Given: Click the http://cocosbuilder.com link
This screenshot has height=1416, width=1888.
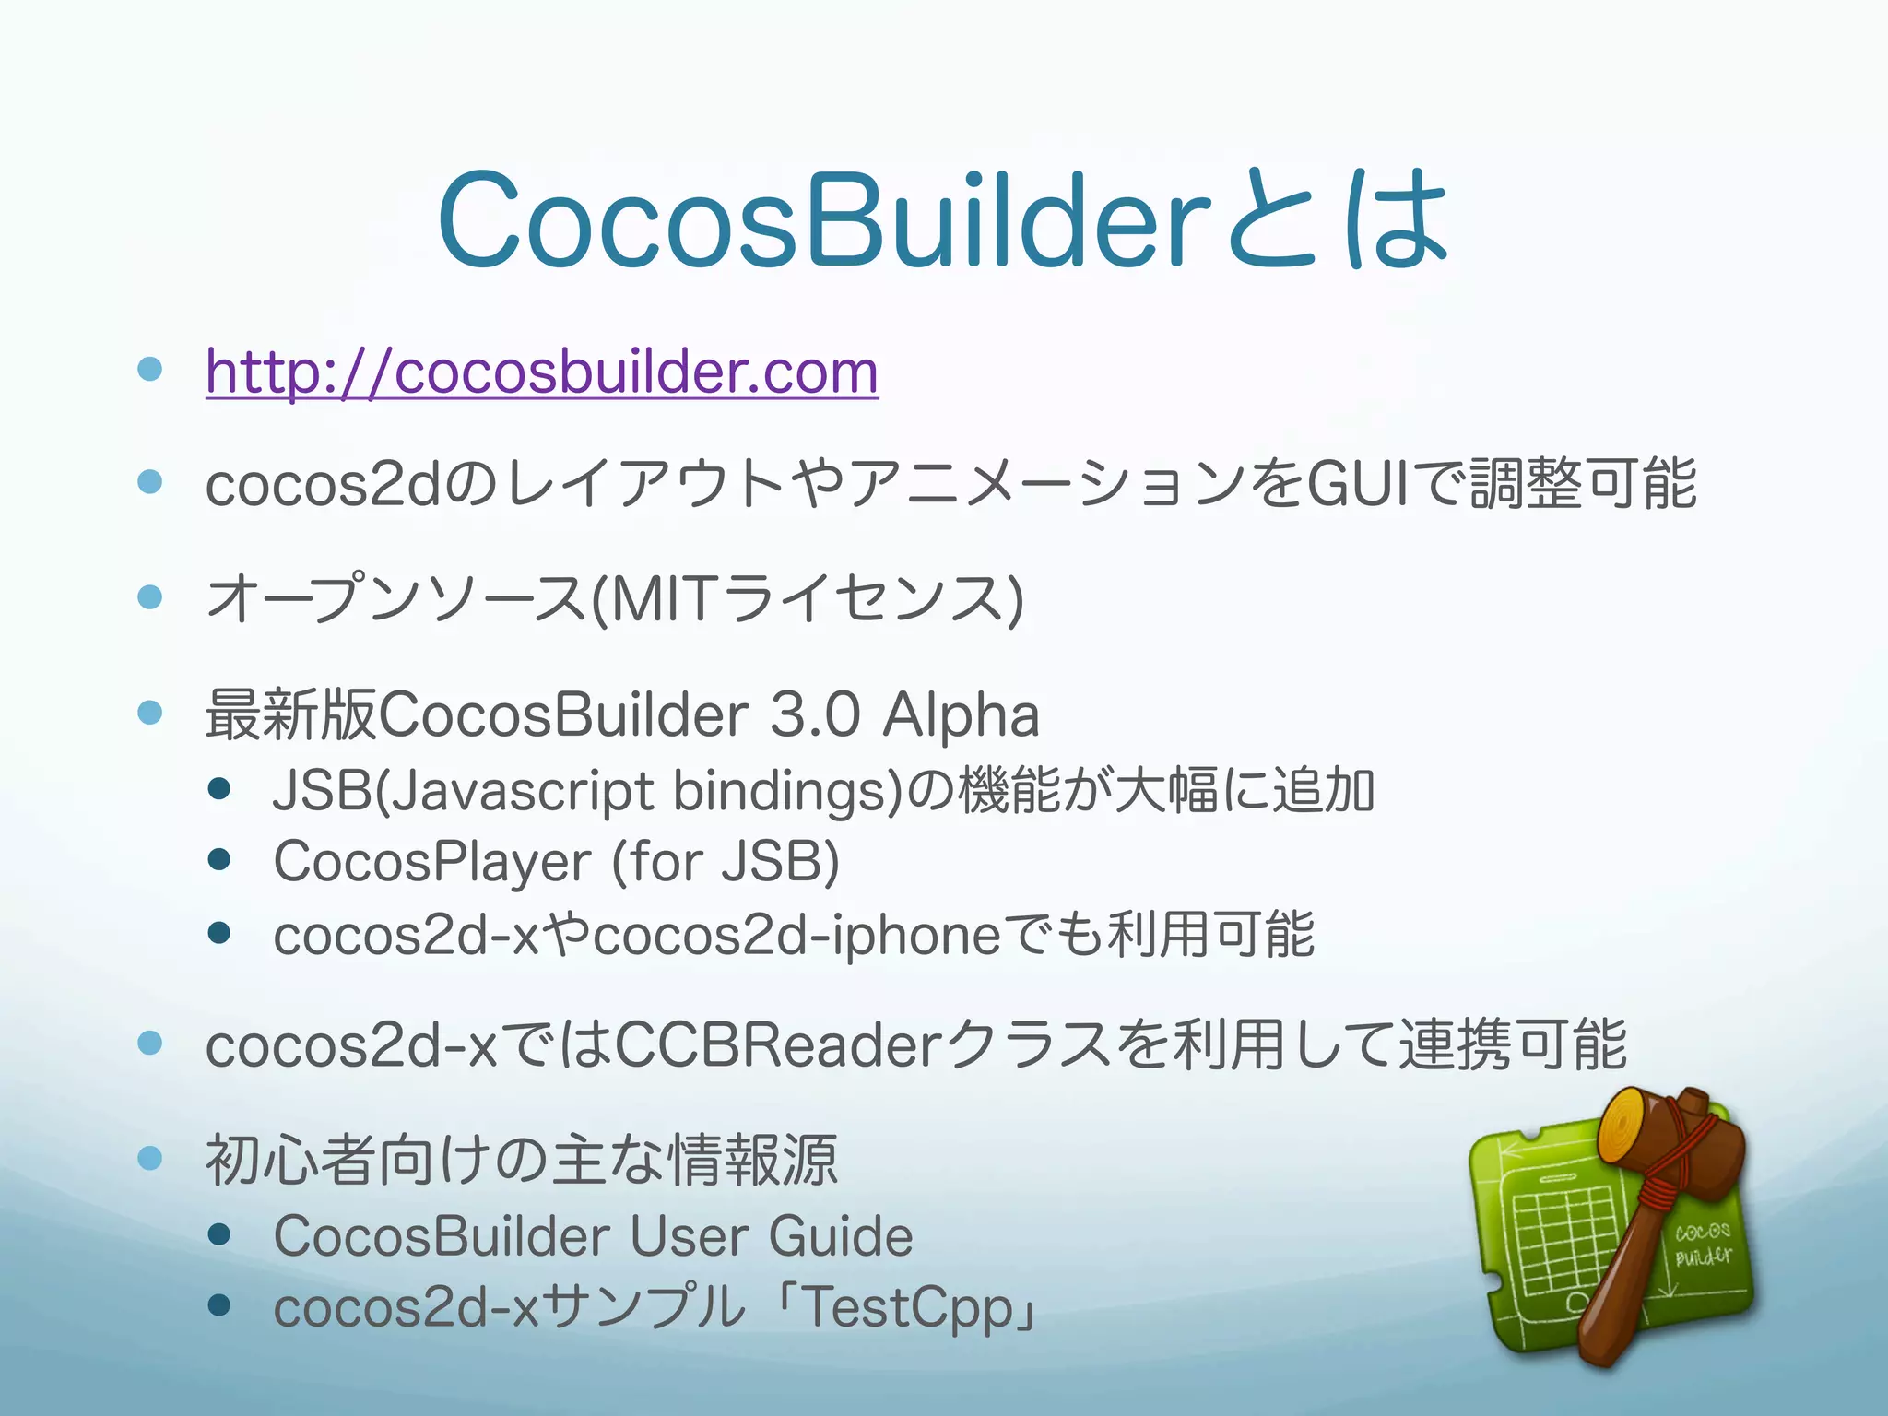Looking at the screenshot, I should [x=541, y=372].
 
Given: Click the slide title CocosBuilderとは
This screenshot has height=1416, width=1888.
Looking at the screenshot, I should [x=942, y=220].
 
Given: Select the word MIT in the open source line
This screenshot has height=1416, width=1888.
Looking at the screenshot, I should [x=662, y=598].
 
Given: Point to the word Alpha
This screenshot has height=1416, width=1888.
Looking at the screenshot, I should [x=961, y=715].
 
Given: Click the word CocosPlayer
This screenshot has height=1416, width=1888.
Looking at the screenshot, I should [x=431, y=862].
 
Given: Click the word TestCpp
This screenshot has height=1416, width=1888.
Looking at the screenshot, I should [x=909, y=1307].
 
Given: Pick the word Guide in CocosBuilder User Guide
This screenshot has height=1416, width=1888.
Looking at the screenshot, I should [x=840, y=1236].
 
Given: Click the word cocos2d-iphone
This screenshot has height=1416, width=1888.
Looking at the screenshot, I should [x=796, y=935].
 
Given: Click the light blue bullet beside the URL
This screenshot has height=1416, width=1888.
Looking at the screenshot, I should [x=149, y=370].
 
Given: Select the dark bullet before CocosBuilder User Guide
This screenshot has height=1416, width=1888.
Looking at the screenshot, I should [x=219, y=1234].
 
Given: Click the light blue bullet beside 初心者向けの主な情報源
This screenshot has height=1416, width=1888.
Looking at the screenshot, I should [x=149, y=1158].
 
